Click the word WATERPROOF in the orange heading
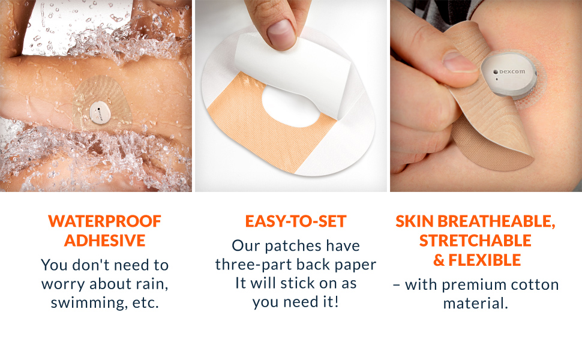[x=104, y=221]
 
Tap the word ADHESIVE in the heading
[x=104, y=241]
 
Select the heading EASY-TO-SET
[x=295, y=221]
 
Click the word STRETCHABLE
[x=475, y=241]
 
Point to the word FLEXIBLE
[x=484, y=260]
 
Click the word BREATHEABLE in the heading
[x=496, y=221]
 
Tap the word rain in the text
[x=152, y=284]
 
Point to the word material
[x=475, y=304]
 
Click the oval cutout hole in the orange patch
[x=291, y=107]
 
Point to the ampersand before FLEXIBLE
[x=439, y=260]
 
